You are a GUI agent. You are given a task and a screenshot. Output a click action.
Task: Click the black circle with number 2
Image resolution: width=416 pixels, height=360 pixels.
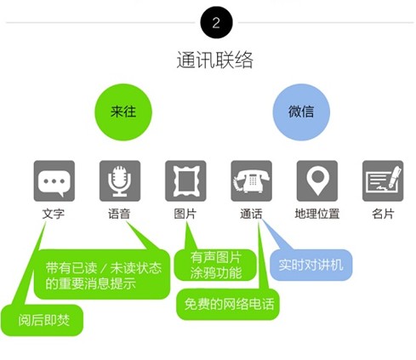tap(216, 22)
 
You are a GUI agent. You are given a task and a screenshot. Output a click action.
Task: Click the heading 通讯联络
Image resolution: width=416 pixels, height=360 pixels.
tap(214, 60)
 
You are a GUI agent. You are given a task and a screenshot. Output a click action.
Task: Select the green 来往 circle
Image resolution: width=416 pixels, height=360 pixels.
tap(123, 112)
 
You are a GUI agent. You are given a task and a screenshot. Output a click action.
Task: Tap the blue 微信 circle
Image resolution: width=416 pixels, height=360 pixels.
tap(301, 112)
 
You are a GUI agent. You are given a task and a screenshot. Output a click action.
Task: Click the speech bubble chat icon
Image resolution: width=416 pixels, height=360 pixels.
tap(54, 181)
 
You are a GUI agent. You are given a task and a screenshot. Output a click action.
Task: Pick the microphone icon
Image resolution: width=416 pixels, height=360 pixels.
tap(120, 181)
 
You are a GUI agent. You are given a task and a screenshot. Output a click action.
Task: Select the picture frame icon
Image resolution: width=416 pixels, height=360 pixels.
tap(185, 181)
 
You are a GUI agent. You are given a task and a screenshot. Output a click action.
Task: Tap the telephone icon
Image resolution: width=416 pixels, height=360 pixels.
tap(252, 181)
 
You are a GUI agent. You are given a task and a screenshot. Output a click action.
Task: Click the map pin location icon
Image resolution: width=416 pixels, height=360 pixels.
tap(317, 181)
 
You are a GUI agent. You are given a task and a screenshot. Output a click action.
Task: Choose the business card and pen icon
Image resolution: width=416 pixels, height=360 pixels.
tap(383, 181)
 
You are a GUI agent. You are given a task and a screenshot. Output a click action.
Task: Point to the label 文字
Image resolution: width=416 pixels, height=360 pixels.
tap(54, 214)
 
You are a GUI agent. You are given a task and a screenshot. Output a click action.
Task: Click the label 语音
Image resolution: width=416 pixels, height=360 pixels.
tap(119, 214)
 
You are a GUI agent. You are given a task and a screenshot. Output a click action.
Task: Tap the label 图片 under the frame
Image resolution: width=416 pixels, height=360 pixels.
tap(185, 214)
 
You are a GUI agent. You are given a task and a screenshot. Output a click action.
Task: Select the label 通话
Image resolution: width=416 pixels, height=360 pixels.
tap(251, 214)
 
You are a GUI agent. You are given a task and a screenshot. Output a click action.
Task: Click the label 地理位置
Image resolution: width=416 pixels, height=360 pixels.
tap(317, 214)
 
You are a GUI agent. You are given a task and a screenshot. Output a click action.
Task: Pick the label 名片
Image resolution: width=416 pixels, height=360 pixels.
tap(383, 214)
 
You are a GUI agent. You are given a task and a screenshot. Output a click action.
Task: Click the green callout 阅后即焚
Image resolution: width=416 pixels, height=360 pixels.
tap(42, 320)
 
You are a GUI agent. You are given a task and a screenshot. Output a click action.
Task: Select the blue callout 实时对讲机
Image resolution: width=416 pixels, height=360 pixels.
tap(311, 265)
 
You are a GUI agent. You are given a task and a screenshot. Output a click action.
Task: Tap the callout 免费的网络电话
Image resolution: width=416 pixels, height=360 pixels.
tap(228, 305)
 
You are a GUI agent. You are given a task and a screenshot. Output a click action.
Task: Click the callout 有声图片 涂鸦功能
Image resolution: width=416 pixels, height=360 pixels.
tap(215, 266)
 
